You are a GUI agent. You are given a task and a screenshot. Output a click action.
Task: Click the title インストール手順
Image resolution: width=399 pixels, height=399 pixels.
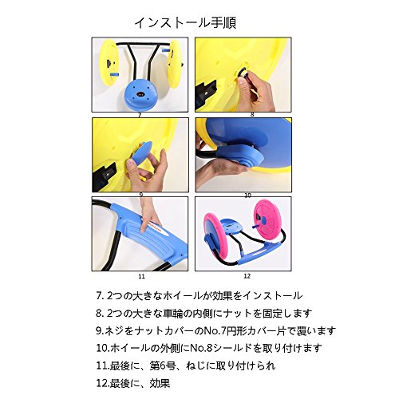(x=185, y=23)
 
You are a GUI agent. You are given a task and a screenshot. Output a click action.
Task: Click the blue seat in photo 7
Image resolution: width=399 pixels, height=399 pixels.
(x=140, y=94)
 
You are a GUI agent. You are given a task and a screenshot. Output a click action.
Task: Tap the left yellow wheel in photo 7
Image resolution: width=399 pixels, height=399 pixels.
(x=109, y=63)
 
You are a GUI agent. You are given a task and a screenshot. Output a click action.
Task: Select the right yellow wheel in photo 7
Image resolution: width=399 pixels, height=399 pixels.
(x=175, y=65)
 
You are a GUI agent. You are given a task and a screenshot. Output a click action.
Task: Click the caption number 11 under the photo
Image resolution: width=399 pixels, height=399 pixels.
(x=141, y=277)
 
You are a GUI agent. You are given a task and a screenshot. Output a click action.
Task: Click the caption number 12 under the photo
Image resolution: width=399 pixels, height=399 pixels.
(x=247, y=276)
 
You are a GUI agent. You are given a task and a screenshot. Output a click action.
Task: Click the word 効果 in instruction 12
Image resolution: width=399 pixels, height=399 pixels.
(x=160, y=383)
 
